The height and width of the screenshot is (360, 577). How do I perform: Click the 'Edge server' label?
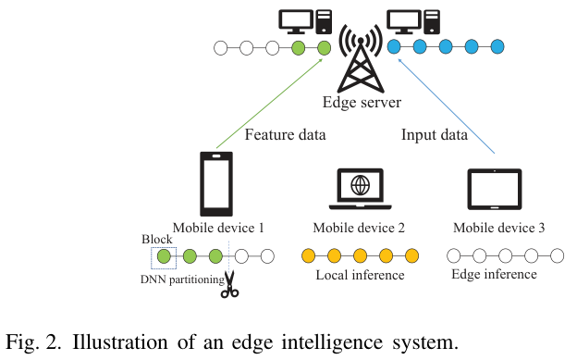(360, 102)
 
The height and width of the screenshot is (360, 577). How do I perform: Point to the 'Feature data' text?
(285, 135)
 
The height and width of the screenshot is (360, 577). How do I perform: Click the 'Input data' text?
(435, 135)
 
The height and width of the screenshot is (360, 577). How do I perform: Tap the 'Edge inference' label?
(494, 274)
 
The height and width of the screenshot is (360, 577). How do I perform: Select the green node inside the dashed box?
(164, 256)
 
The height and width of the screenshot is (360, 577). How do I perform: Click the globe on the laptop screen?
(360, 185)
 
